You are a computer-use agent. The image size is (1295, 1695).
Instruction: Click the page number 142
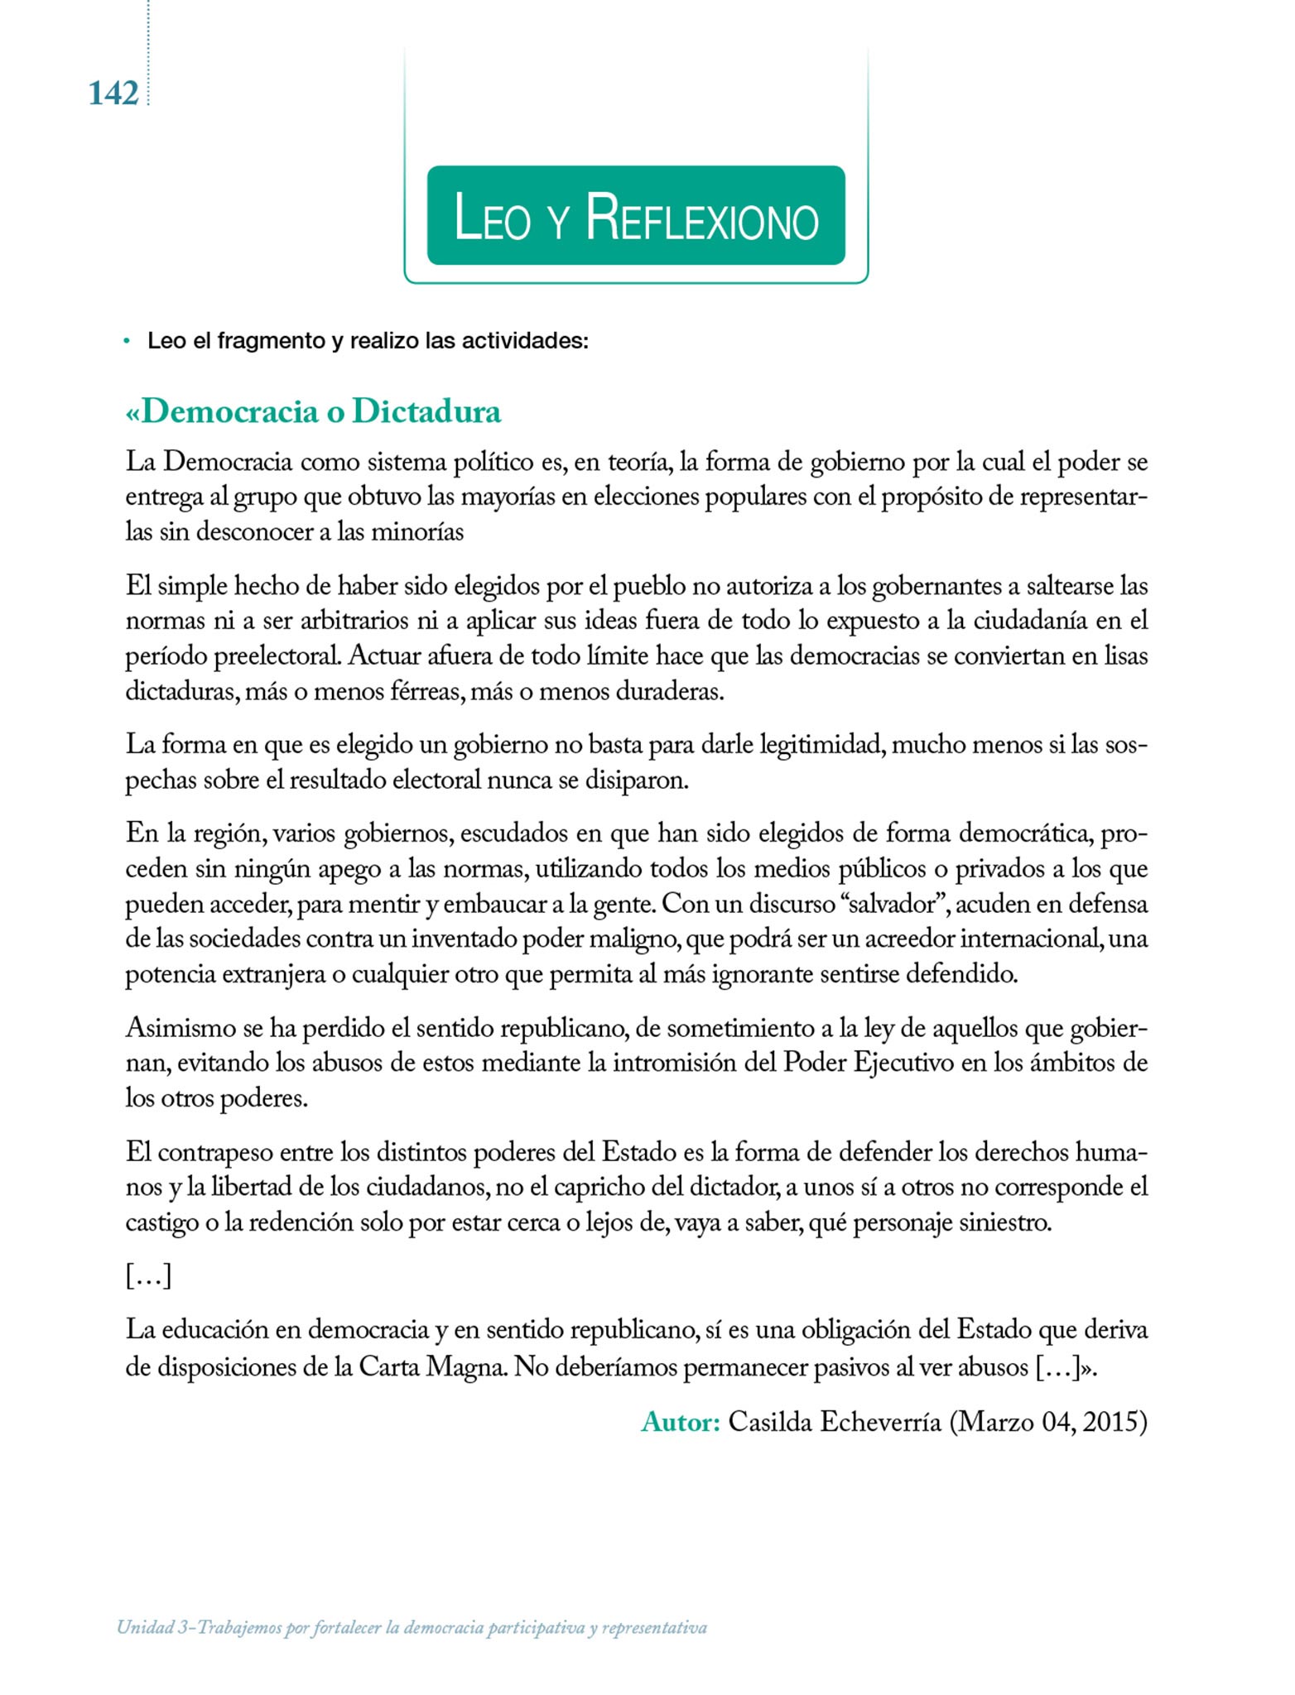(113, 94)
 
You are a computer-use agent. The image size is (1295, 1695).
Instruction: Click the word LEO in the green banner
(492, 218)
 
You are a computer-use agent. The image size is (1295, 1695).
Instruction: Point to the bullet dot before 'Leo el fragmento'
(127, 341)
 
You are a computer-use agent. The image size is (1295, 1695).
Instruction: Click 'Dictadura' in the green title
(426, 411)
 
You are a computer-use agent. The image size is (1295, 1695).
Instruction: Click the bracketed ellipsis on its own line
(148, 1276)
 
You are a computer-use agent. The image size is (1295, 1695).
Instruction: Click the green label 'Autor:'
(681, 1422)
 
